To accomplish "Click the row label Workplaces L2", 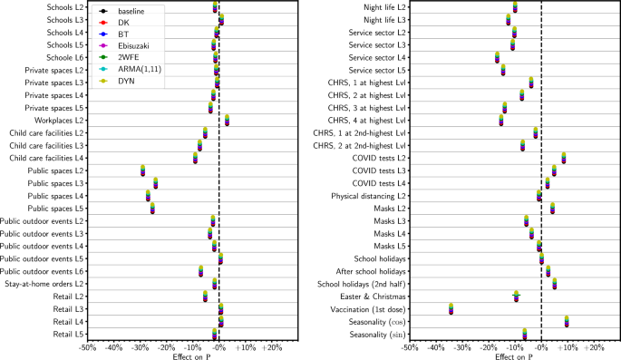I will pos(56,120).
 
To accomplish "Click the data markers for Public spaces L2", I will pos(143,170).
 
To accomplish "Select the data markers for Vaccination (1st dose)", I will pos(451,308).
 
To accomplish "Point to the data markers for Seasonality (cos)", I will pos(567,321).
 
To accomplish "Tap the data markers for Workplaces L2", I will pos(227,120).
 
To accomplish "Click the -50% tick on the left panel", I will pos(87,347).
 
